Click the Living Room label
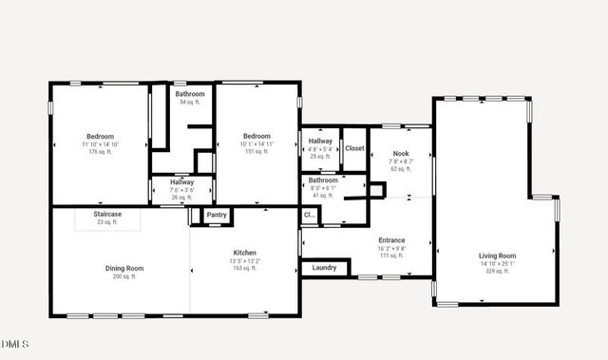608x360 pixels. coord(497,256)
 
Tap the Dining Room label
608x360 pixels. coord(124,268)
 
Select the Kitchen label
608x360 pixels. coord(244,251)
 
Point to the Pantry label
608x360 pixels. coord(217,216)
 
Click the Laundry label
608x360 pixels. coord(324,268)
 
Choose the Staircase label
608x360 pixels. coord(106,216)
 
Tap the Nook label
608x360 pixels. coord(401,153)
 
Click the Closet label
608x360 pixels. coord(354,148)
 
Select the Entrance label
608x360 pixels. coord(391,240)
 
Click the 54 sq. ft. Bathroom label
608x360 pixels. coord(190,94)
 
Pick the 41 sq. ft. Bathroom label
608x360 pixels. coord(323,180)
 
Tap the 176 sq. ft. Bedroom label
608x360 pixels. coord(100,137)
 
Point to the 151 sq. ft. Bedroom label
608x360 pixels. coord(256,136)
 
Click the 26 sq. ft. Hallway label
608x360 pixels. coord(181,181)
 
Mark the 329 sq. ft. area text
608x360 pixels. coord(497,271)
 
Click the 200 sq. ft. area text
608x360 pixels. coord(124,276)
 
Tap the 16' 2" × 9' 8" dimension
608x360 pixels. coord(391,248)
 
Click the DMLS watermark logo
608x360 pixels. coord(15,343)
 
